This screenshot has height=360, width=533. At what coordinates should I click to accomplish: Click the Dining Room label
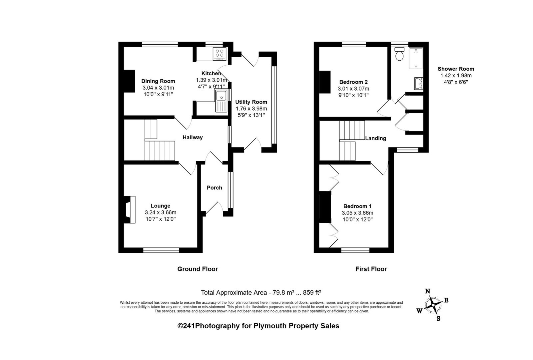[158, 81]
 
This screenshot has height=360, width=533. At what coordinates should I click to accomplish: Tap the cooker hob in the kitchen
[220, 54]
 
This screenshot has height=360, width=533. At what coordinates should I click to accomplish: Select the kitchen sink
[221, 101]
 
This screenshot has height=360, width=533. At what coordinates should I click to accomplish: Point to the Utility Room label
[251, 102]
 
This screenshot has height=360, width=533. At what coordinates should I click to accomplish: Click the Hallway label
[193, 137]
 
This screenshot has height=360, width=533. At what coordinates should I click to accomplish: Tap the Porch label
[215, 188]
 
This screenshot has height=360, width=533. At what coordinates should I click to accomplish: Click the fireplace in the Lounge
[130, 209]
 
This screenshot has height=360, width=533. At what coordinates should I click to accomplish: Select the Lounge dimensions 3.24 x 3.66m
[161, 212]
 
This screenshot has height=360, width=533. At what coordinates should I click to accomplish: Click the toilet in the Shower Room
[399, 54]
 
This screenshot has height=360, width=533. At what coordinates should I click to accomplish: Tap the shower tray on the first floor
[416, 58]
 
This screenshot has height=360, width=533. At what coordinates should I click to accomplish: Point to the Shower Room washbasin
[418, 84]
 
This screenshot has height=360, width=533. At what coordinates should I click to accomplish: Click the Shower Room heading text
[456, 69]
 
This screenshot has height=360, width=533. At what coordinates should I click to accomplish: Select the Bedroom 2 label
[353, 82]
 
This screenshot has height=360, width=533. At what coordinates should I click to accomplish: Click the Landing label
[375, 138]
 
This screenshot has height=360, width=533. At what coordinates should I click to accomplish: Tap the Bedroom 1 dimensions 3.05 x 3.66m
[357, 213]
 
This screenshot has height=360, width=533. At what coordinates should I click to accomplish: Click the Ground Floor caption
[198, 269]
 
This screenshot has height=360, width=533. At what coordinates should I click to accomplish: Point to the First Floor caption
[371, 269]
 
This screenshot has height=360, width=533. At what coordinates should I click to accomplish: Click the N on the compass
[428, 291]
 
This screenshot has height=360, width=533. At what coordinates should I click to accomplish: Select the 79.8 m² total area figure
[283, 292]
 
